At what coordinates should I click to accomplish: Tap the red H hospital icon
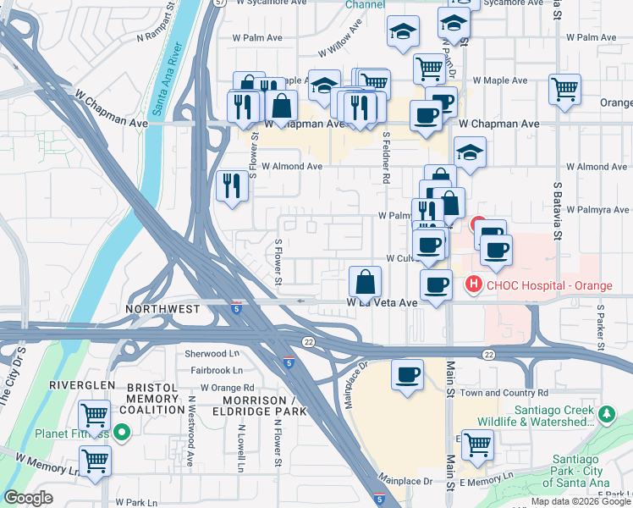474,284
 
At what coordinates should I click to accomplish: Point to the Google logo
28,498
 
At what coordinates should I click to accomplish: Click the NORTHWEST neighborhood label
163,310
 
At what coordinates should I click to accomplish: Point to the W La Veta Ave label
383,302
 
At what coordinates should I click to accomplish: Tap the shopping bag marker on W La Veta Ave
365,280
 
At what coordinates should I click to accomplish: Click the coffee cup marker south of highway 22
407,374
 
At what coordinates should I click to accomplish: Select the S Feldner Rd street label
386,157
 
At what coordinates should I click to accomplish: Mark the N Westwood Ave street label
192,437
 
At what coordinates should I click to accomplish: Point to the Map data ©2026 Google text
580,501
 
